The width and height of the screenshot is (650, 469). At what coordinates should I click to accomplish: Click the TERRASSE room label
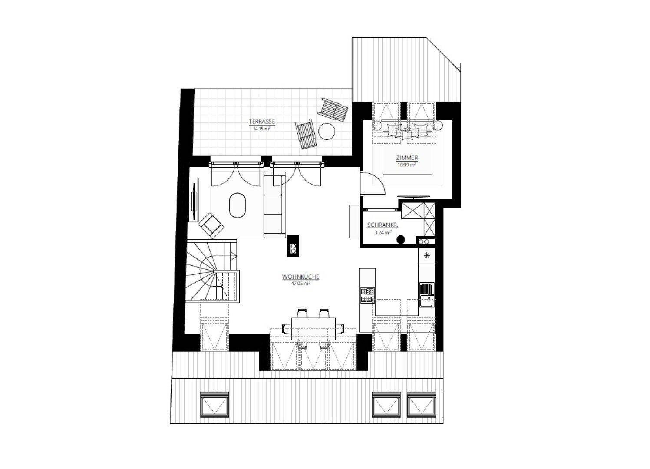point(262,122)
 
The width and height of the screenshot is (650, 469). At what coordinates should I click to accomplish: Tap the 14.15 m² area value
point(262,128)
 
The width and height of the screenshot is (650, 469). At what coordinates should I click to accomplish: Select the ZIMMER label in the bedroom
point(407,158)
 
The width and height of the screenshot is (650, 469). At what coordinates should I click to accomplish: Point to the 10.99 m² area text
point(407,165)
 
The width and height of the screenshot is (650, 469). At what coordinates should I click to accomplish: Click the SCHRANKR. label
point(383,225)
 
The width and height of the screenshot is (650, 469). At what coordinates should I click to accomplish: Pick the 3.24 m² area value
point(383,232)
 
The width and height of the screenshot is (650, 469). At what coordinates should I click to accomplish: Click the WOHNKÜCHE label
point(300,277)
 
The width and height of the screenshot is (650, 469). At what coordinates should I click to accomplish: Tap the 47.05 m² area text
point(300,284)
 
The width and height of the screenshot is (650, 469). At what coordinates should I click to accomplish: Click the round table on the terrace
point(327,132)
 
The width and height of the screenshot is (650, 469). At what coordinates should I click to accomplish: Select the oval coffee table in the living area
point(238,205)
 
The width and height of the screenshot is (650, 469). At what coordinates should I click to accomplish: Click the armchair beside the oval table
point(211,225)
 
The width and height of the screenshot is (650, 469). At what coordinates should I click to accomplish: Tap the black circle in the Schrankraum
point(401,239)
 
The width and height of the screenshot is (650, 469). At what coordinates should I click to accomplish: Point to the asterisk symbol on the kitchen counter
point(426,256)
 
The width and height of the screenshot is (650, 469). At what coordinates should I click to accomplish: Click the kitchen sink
point(426,294)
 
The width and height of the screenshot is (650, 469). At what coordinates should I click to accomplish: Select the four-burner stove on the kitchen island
point(367,295)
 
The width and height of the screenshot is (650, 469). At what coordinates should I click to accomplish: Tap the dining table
point(313,329)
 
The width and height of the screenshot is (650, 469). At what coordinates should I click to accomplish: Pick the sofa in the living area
point(274,205)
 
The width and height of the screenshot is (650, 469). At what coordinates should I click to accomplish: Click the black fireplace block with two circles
point(293,246)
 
